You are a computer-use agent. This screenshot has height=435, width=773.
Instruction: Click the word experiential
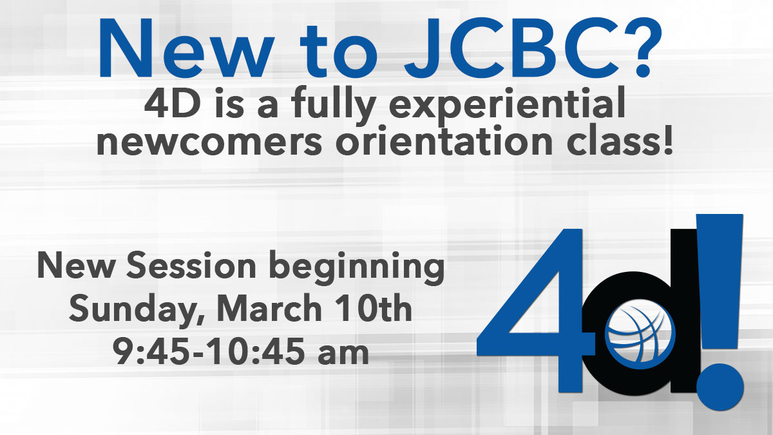click(x=508, y=104)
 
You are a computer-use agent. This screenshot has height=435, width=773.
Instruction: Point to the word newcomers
click(x=209, y=142)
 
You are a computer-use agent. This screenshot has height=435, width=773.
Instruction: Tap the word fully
click(x=334, y=104)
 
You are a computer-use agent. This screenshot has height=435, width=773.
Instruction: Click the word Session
click(x=191, y=265)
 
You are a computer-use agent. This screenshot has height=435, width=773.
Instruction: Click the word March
click(x=269, y=307)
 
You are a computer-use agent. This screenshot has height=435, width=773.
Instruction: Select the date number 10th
click(x=374, y=307)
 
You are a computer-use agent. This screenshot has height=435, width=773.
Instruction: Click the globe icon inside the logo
click(x=640, y=334)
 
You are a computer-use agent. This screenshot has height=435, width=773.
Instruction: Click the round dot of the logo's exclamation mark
click(x=720, y=387)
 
